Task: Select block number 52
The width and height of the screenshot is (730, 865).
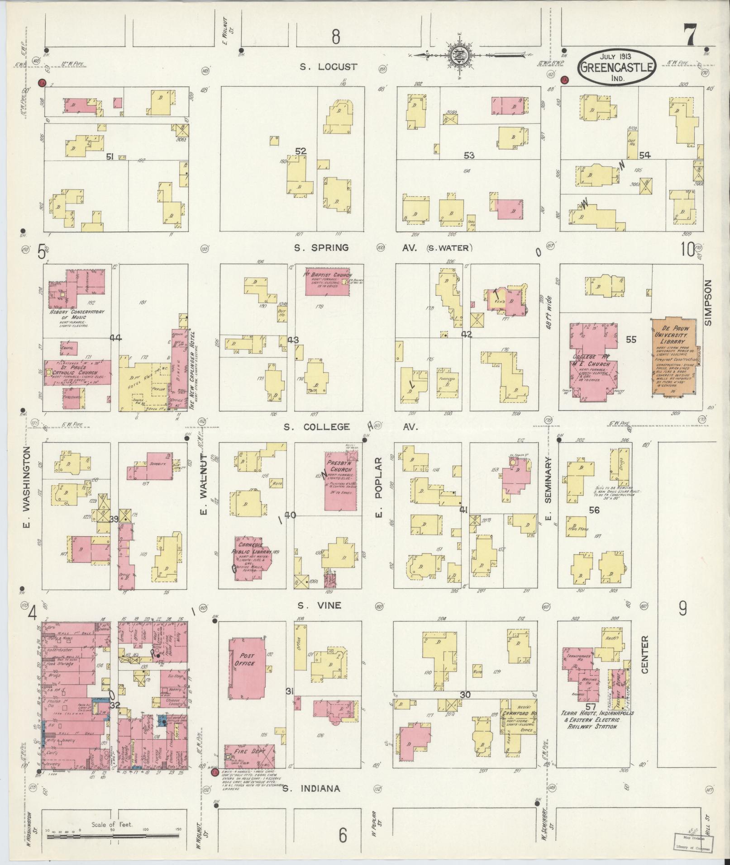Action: click(301, 151)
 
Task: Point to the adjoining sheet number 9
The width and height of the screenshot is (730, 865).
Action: click(682, 609)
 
